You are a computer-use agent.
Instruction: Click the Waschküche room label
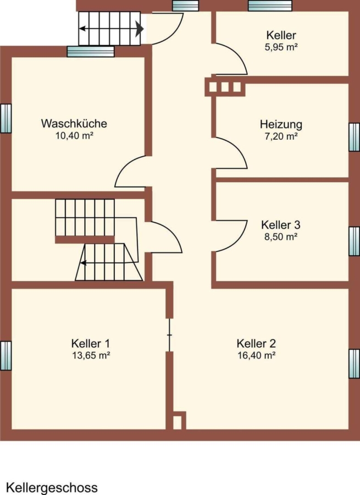click(x=74, y=123)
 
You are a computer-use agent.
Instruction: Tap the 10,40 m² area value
click(x=74, y=136)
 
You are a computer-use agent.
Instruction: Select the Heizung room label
click(x=281, y=124)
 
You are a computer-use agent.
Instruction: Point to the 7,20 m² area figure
click(x=281, y=136)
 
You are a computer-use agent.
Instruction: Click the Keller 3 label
click(x=280, y=225)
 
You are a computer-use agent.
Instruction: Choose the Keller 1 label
click(x=91, y=343)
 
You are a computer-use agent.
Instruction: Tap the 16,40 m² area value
click(x=257, y=355)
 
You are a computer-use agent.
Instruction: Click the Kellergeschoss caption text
click(x=52, y=487)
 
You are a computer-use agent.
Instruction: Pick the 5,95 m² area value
click(x=281, y=47)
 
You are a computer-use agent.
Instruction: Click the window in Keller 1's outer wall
click(x=5, y=355)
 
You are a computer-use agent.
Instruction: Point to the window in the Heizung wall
click(x=355, y=137)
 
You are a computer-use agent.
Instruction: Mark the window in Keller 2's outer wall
click(x=355, y=364)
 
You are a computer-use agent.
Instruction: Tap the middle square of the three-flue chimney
click(x=225, y=87)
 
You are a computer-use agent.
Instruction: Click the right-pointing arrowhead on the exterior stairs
click(x=140, y=29)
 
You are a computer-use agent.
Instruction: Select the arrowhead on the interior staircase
click(x=84, y=262)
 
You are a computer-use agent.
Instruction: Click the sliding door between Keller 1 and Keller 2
click(x=170, y=334)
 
